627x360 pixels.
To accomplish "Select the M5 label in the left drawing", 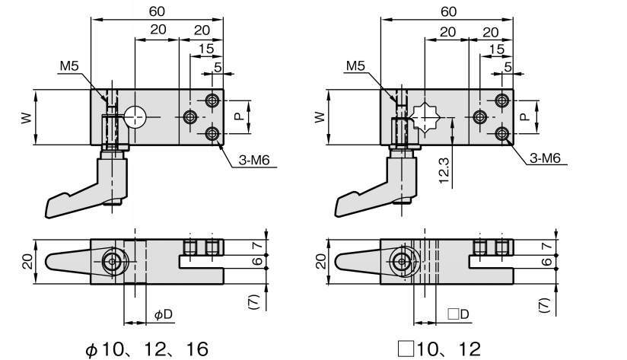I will pyautogui.click(x=69, y=66).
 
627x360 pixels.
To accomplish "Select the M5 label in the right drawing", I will pyautogui.click(x=356, y=66).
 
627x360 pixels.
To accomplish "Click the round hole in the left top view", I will pyautogui.click(x=136, y=116).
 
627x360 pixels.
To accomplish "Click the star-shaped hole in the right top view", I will pyautogui.click(x=424, y=117).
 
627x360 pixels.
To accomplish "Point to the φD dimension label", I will pyautogui.click(x=163, y=314).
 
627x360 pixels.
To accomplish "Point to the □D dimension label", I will pyautogui.click(x=457, y=314).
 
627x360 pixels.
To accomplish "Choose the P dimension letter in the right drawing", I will pyautogui.click(x=524, y=116).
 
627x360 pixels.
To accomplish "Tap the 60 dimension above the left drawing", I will pyautogui.click(x=158, y=11).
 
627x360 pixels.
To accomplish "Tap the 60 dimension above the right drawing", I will pyautogui.click(x=449, y=11).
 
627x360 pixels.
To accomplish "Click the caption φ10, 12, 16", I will pyautogui.click(x=146, y=349).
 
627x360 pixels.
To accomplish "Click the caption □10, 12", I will pyautogui.click(x=439, y=349).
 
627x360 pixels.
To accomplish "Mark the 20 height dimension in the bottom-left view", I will pyautogui.click(x=24, y=262).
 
